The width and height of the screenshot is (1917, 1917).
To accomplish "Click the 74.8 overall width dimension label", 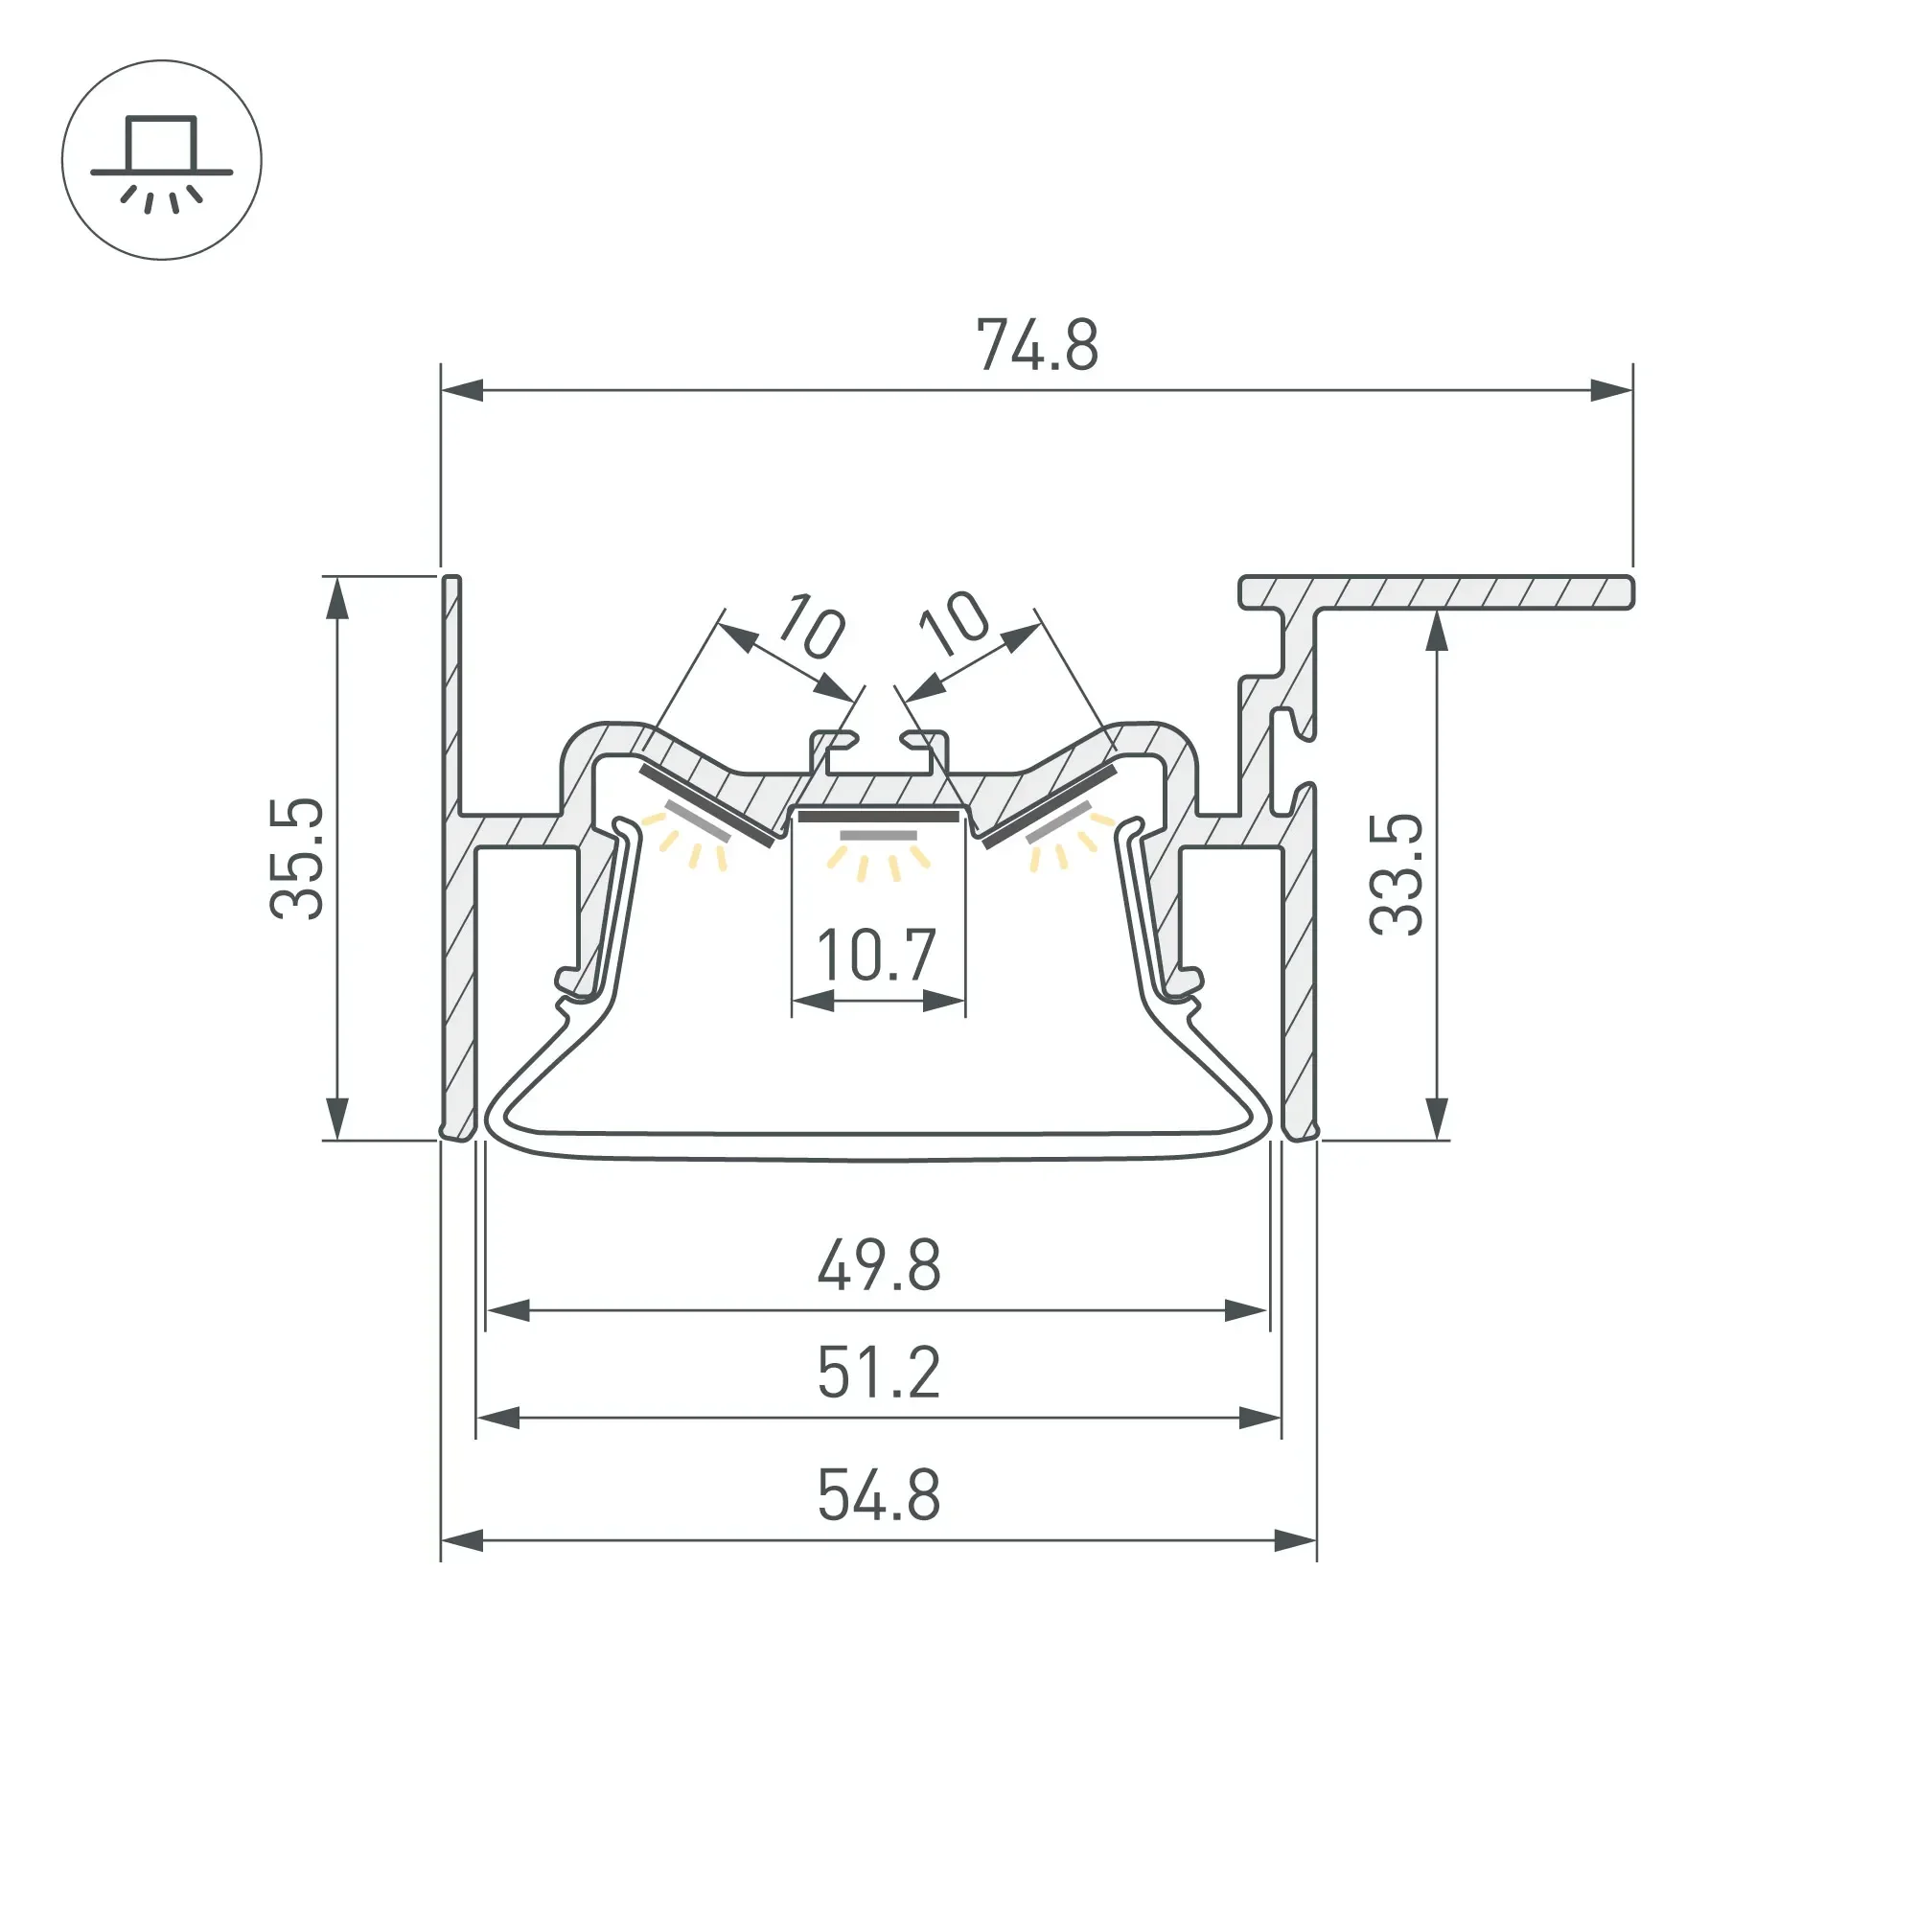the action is pyautogui.click(x=1037, y=345).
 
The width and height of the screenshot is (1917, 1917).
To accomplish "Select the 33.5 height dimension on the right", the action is pyautogui.click(x=1397, y=874).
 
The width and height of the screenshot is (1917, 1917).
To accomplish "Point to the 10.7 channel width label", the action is pyautogui.click(x=876, y=955).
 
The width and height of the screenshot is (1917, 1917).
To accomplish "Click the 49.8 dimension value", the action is pyautogui.click(x=879, y=1265).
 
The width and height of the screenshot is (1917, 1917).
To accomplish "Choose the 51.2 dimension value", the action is pyautogui.click(x=879, y=1374).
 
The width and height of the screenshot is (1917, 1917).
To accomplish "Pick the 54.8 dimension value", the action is pyautogui.click(x=879, y=1495).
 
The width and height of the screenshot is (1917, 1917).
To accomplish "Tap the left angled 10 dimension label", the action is pyautogui.click(x=812, y=626).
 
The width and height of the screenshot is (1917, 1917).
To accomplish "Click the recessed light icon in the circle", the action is pyautogui.click(x=162, y=160).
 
